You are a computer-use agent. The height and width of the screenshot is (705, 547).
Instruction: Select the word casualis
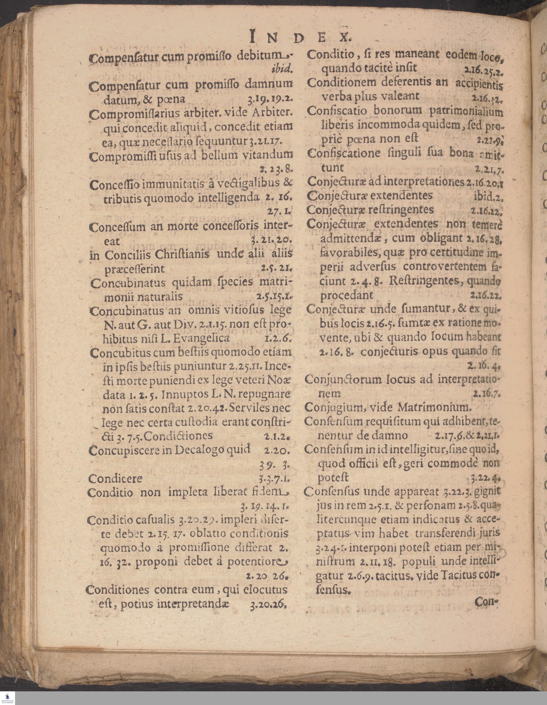[155, 520]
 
